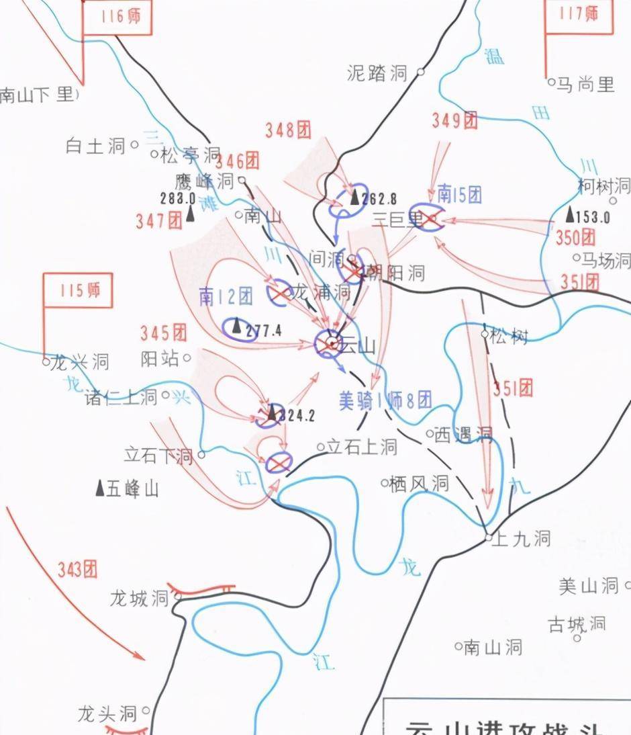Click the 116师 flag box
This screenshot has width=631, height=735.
point(117,17)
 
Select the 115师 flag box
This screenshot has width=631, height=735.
point(78,290)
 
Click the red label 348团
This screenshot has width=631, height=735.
point(288,130)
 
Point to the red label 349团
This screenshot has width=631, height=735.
point(454,121)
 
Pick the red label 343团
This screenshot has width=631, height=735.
point(77,570)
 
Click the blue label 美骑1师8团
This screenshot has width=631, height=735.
point(385,401)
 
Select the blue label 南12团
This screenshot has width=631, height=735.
point(226,296)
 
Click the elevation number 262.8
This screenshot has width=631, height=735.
point(379,199)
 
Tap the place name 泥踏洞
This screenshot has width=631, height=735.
point(377,73)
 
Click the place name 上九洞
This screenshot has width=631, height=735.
point(521,538)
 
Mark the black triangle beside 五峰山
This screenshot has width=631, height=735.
point(100,488)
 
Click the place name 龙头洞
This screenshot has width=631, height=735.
point(107,714)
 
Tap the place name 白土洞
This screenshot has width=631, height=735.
point(96,145)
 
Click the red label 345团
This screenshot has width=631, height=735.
point(163,332)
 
